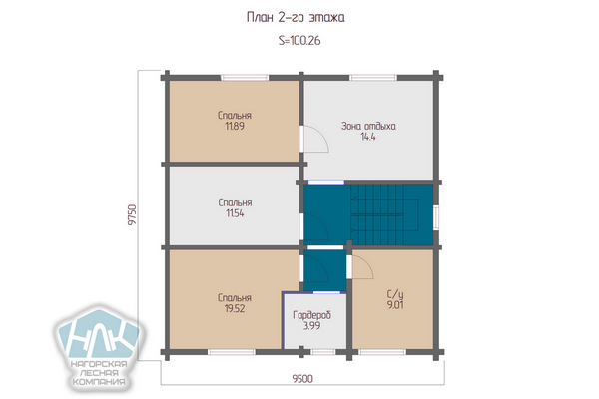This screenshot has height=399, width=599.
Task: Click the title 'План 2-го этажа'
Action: coord(296,18)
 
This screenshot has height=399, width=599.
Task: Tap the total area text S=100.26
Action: coord(299,40)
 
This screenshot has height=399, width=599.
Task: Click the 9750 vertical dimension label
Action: coord(132,215)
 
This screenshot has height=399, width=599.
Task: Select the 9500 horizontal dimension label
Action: coord(302,378)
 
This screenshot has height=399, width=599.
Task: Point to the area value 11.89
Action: coord(235,126)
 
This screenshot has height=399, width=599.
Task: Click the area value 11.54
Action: coord(235,213)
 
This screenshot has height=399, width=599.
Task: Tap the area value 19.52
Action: coord(235,308)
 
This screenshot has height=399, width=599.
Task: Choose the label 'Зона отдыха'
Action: coord(368,126)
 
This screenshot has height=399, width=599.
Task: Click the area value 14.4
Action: coord(368,137)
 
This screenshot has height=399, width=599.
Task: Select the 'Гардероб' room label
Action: coord(312,315)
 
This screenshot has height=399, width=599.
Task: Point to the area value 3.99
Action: coord(312,326)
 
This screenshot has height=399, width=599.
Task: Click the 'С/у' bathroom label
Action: coord(395,294)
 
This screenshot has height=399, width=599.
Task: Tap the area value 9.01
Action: coord(395,304)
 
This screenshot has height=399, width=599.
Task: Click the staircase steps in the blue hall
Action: coord(384,215)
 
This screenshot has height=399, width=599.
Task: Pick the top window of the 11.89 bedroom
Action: coord(245,78)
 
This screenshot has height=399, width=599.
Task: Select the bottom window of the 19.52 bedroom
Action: coord(232,352)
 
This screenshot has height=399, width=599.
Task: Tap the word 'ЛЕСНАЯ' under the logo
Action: coord(99,373)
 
